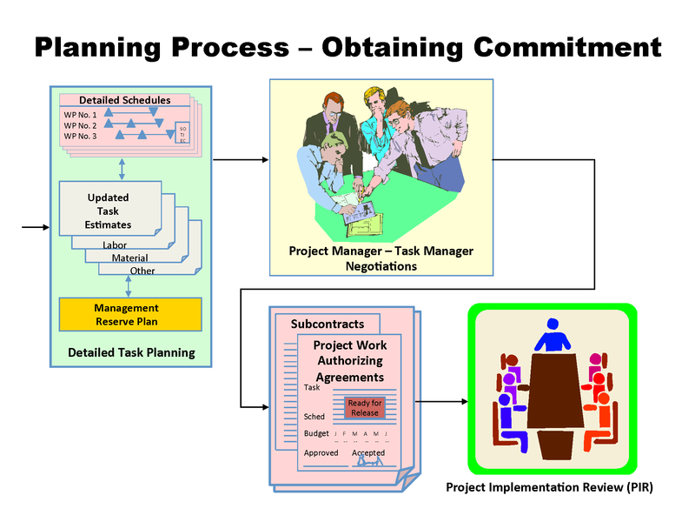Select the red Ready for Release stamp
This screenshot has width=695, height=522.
coord(365,408)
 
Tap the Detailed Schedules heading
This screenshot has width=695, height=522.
coord(125,100)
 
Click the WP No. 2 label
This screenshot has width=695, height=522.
coord(81,125)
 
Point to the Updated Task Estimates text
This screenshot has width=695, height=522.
coord(109,211)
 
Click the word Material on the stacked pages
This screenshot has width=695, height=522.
coord(129,258)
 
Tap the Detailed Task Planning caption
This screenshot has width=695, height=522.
coord(131,353)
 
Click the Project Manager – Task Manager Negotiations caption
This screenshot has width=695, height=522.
coord(381,258)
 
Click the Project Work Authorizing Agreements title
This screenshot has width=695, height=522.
coord(349,361)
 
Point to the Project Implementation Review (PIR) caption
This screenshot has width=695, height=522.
coord(549,487)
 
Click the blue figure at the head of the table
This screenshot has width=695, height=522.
coord(552,335)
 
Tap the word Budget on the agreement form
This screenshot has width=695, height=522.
coord(317,433)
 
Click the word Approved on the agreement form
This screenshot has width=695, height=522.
coord(321,453)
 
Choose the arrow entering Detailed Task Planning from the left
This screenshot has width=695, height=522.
coord(36,228)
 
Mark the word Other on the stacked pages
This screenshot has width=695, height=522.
coord(143,271)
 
